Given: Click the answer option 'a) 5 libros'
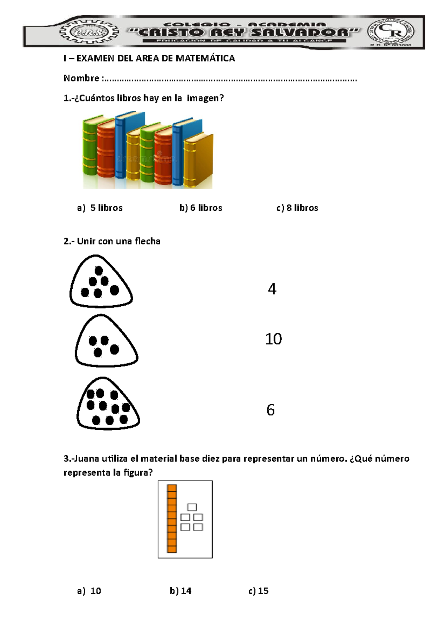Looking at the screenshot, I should coord(100,208).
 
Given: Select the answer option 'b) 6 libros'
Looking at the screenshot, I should coord(201,208).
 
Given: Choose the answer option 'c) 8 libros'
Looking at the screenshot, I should coord(297,208).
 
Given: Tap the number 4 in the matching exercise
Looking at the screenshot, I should coord(272,289).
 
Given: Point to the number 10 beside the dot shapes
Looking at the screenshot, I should coord(273,339).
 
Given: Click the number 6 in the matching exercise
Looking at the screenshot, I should coord(270,410).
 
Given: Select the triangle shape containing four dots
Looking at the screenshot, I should coord(106,343).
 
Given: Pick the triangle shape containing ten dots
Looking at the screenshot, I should coord(108,405).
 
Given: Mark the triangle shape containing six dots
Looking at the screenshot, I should coord(100,283).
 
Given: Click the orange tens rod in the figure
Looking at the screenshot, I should coord(172,518).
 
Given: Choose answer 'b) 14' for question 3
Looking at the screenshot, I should coord(181,591).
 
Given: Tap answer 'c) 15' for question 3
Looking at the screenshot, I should coord(258,591).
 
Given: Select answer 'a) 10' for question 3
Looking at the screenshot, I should coord(89,591).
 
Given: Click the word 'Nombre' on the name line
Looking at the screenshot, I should coord(81,78).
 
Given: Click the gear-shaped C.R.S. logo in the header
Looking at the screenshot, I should coord(89,32).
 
